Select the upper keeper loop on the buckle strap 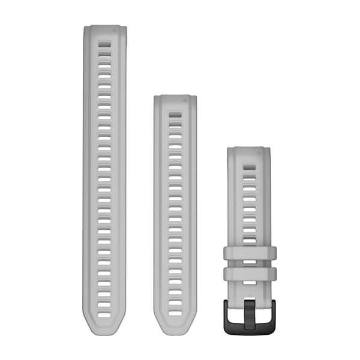(x=249, y=253)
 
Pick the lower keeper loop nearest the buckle (x=249, y=274)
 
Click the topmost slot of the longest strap (x=104, y=44)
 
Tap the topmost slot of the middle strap (x=175, y=113)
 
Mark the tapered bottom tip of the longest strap (x=104, y=331)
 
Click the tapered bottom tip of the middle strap (x=175, y=331)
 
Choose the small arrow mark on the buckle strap (x=256, y=151)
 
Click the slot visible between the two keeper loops (x=249, y=263)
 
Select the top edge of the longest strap (x=104, y=26)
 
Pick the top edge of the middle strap (x=175, y=95)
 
